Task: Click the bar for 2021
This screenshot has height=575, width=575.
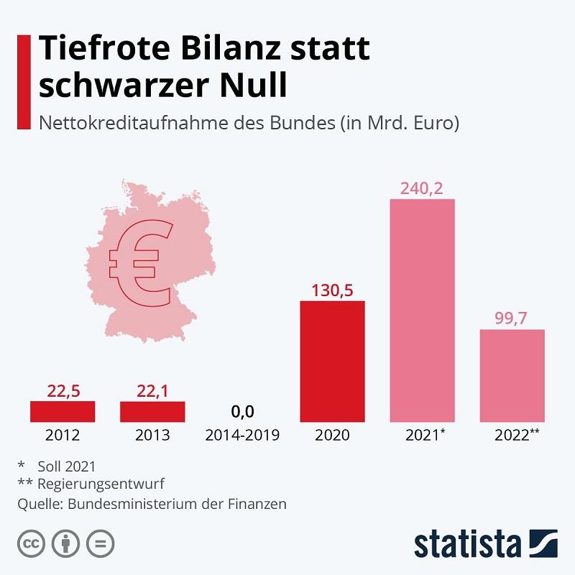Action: [422, 310]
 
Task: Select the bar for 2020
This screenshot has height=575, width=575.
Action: [332, 361]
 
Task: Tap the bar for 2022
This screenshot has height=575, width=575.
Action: [512, 375]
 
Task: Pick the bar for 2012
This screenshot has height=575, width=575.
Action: [63, 411]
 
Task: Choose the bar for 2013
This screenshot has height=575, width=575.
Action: [152, 411]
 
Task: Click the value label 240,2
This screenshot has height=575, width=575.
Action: [422, 188]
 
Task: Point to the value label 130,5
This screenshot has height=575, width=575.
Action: [332, 290]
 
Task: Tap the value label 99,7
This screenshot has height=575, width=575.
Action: [512, 318]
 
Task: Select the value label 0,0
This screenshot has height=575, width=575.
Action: [242, 412]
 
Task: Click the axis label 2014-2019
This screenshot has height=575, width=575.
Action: [242, 436]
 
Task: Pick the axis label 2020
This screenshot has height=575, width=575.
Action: [332, 436]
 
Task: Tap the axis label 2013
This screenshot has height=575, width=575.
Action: [152, 436]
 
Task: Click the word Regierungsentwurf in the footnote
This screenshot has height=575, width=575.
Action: [101, 484]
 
